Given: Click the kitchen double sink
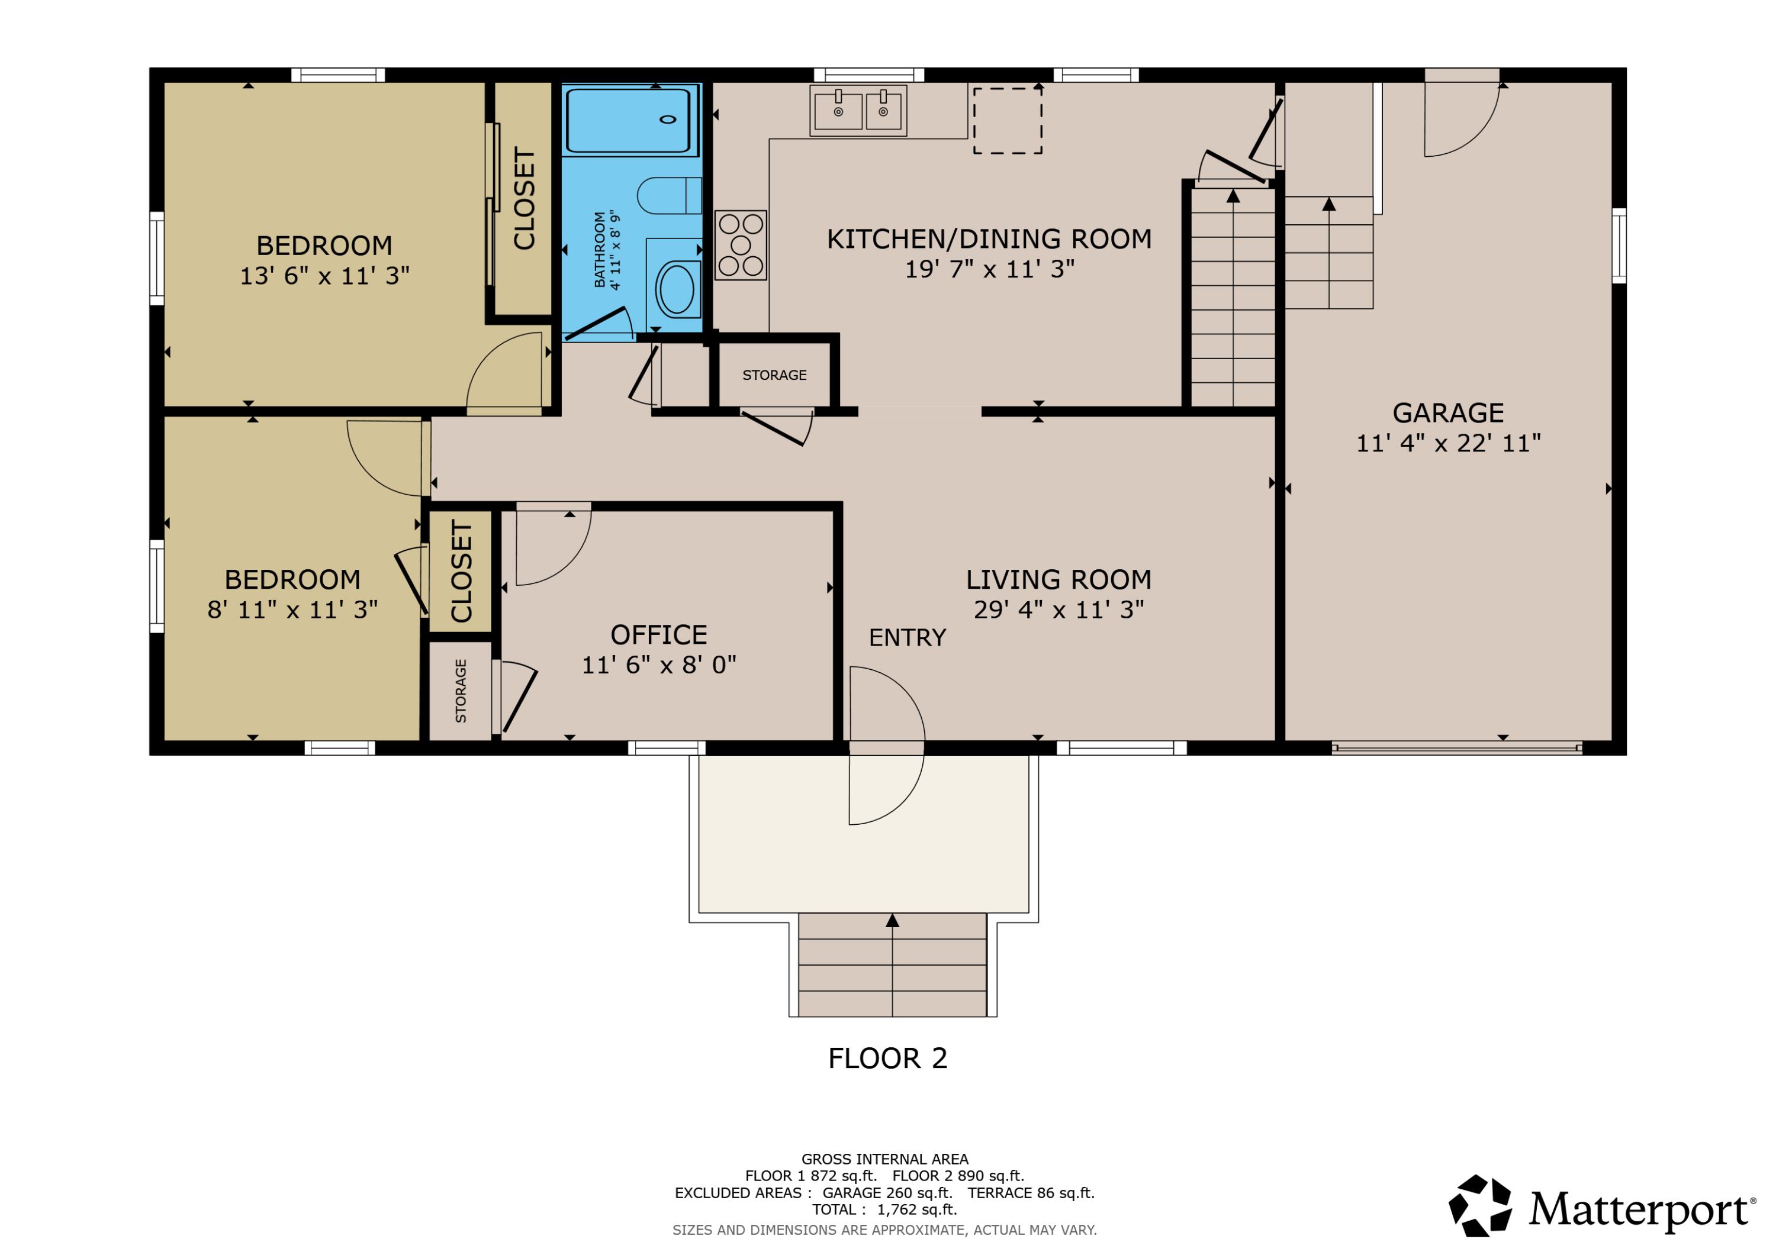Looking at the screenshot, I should click(x=858, y=111).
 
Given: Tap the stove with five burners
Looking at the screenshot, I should click(x=740, y=245).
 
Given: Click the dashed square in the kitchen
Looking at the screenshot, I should click(x=1007, y=121).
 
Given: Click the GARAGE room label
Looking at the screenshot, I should click(x=1448, y=413).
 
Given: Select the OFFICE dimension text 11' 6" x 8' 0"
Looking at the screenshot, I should click(x=658, y=665).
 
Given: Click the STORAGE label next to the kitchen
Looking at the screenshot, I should click(x=774, y=376).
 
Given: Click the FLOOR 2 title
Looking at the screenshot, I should click(x=887, y=1059).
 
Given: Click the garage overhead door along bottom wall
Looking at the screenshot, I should click(x=1456, y=748).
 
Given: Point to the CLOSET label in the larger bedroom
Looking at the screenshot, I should click(x=524, y=199).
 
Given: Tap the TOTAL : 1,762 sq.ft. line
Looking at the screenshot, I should click(x=884, y=1209).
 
